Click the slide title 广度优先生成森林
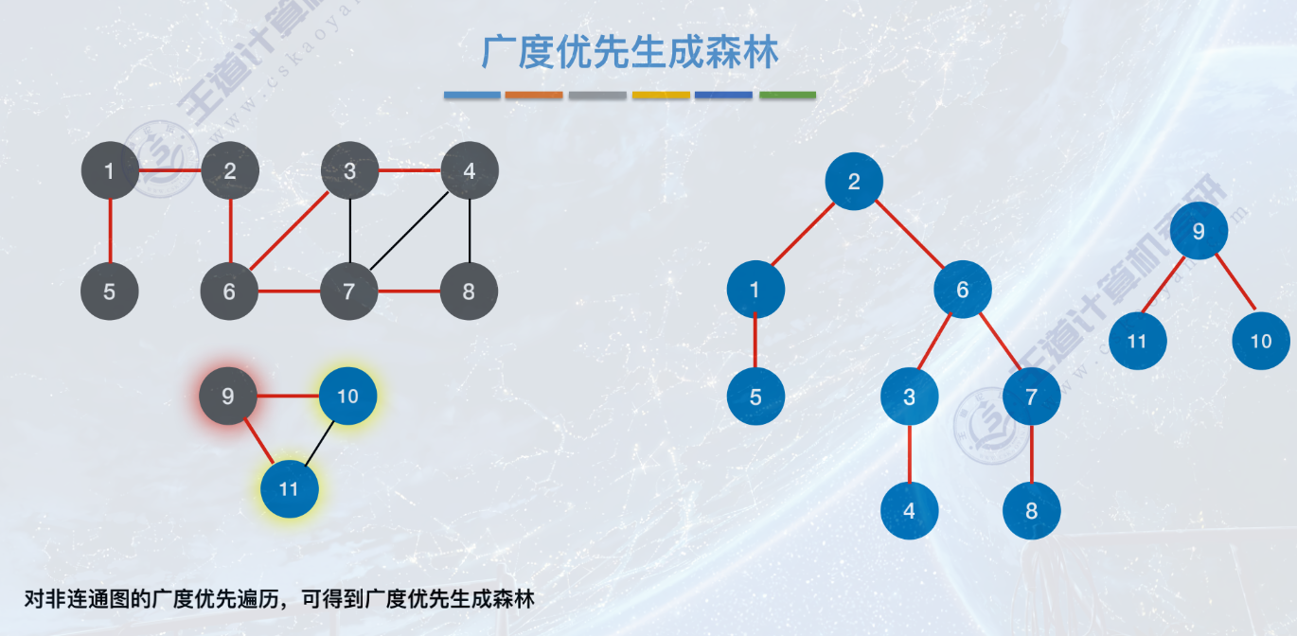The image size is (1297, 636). tap(630, 52)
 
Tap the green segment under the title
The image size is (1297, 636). tap(787, 95)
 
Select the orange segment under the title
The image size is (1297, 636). tap(534, 95)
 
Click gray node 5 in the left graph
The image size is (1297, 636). tap(110, 291)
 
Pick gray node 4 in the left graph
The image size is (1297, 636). tap(470, 171)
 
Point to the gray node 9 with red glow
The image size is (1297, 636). tap(228, 396)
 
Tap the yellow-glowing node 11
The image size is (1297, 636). tap(290, 488)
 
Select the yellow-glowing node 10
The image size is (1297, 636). tap(348, 396)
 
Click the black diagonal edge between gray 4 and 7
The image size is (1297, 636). tap(409, 231)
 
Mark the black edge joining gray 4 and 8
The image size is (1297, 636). tap(470, 231)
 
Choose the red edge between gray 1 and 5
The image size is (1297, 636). tap(110, 231)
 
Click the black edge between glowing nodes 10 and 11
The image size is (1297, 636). tap(319, 442)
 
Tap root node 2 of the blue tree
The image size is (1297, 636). tap(854, 182)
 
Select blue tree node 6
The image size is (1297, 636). tap(963, 290)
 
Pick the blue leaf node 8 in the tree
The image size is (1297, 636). tap(1032, 511)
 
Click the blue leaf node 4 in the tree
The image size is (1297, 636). tap(910, 511)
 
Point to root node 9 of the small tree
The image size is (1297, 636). tap(1199, 231)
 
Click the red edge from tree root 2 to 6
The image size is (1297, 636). tap(909, 236)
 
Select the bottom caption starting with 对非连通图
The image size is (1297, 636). tap(279, 599)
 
